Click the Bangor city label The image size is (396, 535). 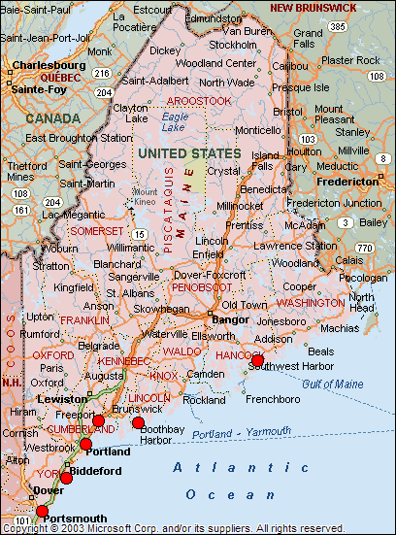pos(231,318)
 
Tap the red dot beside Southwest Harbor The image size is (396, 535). pos(257,360)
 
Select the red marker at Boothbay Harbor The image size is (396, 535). pos(138,422)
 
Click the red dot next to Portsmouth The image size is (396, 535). pos(42,511)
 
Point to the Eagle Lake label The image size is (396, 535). pos(176,122)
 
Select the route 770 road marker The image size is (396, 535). pos(364,249)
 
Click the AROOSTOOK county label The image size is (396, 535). pos(198,100)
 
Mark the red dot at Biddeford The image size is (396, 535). pos(66,477)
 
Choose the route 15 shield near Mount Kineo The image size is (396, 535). pos(140,234)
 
